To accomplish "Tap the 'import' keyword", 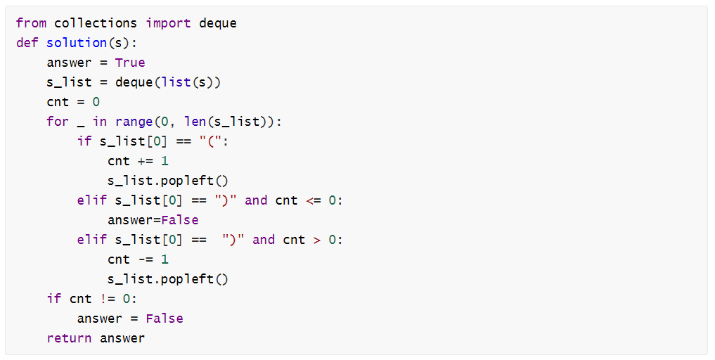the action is tap(168, 23).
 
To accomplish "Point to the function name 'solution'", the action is tap(77, 43).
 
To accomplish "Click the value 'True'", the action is tap(130, 63).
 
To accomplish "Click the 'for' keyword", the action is tap(58, 122).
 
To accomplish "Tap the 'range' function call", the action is tap(134, 122).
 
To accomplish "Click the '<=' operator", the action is tap(313, 200).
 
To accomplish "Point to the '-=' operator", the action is tap(146, 259).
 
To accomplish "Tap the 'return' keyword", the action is tap(69, 338).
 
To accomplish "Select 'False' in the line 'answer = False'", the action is tap(165, 319).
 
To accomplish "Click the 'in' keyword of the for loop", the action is tap(100, 122).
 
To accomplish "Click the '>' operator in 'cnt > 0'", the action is tap(316, 240).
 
